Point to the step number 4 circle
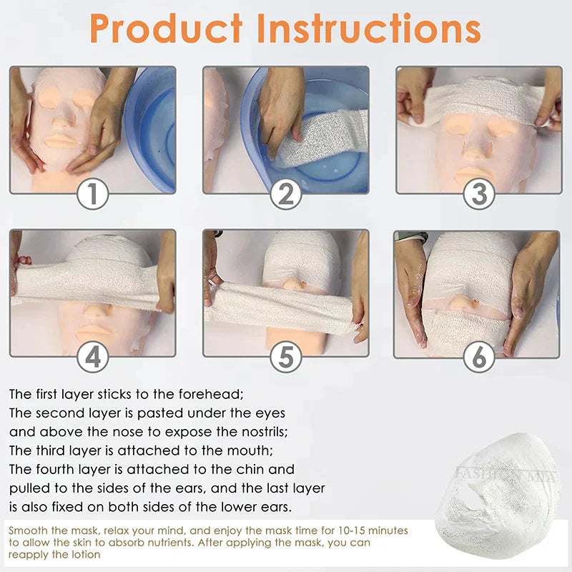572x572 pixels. pyautogui.click(x=93, y=357)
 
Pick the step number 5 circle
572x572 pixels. pyautogui.click(x=286, y=357)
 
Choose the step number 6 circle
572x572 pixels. pyautogui.click(x=479, y=357)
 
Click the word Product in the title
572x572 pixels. pyautogui.click(x=166, y=29)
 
